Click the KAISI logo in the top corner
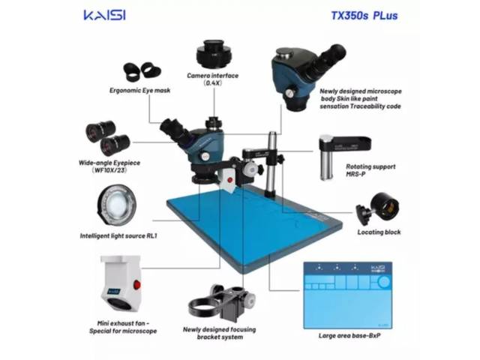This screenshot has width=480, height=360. coord(105,15)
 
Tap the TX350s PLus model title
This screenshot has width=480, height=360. coord(364,16)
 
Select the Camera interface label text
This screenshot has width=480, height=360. coord(213,76)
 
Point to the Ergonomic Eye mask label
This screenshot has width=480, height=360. coord(140,90)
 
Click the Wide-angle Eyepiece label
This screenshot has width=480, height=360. coord(109,163)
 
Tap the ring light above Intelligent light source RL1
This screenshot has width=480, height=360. coord(117,205)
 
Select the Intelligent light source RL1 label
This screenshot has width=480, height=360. coord(118,235)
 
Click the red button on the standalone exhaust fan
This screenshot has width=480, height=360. coord(136,285)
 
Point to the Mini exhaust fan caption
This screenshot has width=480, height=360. coord(123,327)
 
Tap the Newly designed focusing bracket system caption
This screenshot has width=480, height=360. coord(220,333)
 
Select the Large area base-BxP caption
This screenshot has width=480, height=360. coord(349,335)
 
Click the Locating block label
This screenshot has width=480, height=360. coord(379,232)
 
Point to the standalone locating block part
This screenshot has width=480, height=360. coord(378,209)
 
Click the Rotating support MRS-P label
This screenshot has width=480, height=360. coord(370,170)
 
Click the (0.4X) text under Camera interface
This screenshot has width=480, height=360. coord(212,83)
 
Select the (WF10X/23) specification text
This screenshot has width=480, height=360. coord(109,170)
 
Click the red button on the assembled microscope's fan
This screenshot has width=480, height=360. coord(230,180)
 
